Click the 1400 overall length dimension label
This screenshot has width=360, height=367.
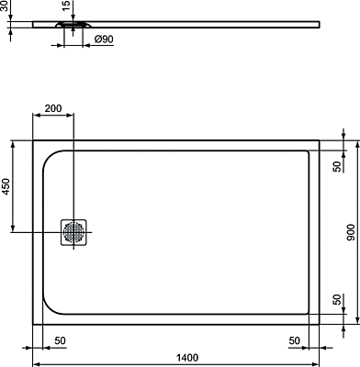pyautogui.click(x=187, y=357)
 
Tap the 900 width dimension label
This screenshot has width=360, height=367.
pyautogui.click(x=351, y=232)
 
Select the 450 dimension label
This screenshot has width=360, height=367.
pyautogui.click(x=6, y=186)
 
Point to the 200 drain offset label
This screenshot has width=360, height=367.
pyautogui.click(x=53, y=108)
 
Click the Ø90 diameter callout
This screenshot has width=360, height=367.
pyautogui.click(x=104, y=39)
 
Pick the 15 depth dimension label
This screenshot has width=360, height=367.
pyautogui.click(x=66, y=6)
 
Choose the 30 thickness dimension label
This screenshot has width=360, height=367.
pyautogui.click(x=4, y=6)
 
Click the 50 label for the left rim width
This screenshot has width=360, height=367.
pyautogui.click(x=61, y=340)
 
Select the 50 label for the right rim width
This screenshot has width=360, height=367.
pyautogui.click(x=295, y=340)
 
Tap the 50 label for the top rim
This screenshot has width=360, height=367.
pyautogui.click(x=337, y=166)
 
